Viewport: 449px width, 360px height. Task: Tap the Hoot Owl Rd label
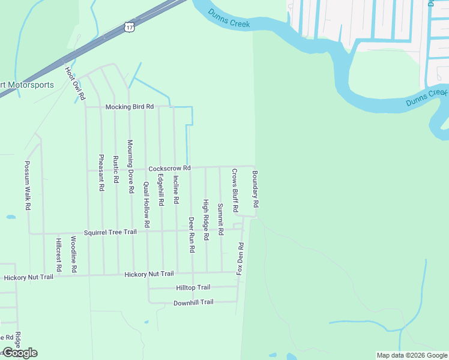coord(76,82)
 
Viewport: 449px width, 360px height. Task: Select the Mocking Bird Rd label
coord(130,107)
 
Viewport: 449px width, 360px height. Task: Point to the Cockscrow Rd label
coord(169,169)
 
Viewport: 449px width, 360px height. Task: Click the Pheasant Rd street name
coord(101,173)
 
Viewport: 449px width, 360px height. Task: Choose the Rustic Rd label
coord(116,170)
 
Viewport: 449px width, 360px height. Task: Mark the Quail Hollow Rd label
coord(146,204)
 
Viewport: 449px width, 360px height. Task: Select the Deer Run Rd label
coord(191,235)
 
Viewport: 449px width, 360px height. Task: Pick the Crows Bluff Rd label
coord(235,191)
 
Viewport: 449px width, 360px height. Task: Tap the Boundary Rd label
coord(255,189)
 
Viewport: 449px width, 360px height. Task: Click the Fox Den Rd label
coord(240,259)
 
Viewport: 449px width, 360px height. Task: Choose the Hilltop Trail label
coord(193,288)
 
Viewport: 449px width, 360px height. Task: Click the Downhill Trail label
coord(193,302)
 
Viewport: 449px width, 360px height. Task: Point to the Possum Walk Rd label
coord(27,185)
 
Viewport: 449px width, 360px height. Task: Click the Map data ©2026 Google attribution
coord(412,355)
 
